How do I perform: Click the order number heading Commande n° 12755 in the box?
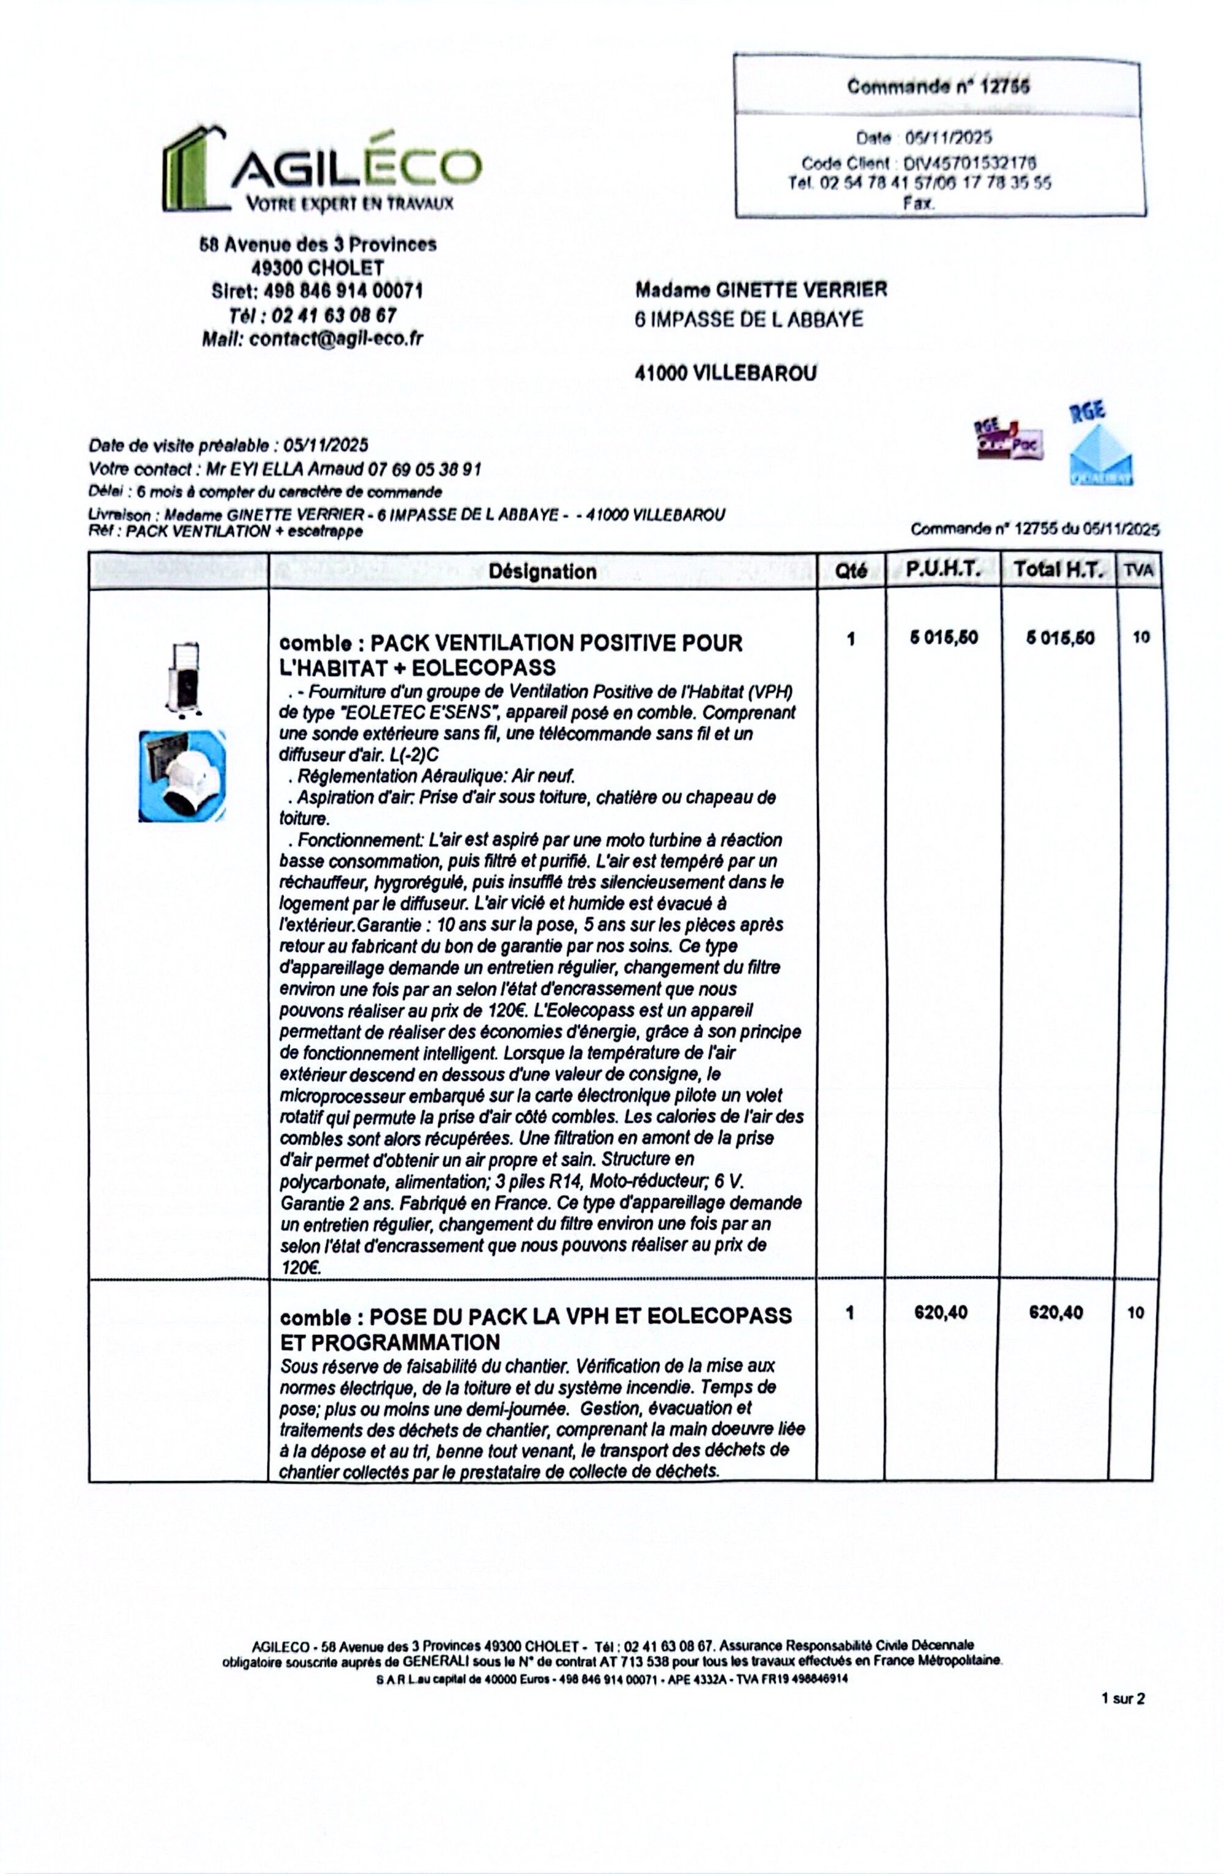click(x=938, y=87)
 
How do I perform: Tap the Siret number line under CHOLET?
click(x=318, y=291)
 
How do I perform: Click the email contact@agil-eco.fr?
click(x=335, y=338)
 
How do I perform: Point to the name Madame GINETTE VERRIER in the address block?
click(x=761, y=290)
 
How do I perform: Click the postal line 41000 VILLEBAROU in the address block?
click(x=725, y=373)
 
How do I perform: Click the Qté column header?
click(x=851, y=571)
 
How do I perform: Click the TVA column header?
click(x=1140, y=571)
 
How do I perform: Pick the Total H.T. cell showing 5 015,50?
click(x=1059, y=638)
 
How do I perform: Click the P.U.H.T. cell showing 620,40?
click(x=941, y=1312)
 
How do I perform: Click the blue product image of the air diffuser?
click(x=182, y=776)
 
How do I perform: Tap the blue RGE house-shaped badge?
click(x=1100, y=447)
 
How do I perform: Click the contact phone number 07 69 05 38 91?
click(x=424, y=470)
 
